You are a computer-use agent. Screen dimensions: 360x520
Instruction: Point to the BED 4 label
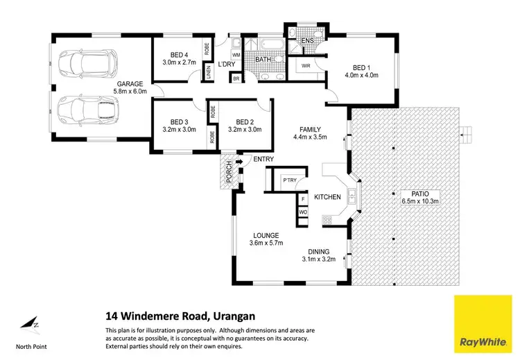179,55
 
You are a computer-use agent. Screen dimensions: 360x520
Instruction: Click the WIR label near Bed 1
306,66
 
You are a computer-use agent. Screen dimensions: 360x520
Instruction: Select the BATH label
263,60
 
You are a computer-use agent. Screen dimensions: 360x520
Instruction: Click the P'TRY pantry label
289,180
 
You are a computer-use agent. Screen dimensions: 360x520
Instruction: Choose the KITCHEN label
327,198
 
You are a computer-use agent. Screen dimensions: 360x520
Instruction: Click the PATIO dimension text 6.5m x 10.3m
420,201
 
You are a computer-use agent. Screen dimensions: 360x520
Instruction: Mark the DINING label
319,251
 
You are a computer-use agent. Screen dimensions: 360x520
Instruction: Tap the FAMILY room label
309,129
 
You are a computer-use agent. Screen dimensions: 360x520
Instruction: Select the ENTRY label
263,160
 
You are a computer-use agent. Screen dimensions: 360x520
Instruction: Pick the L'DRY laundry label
226,65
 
